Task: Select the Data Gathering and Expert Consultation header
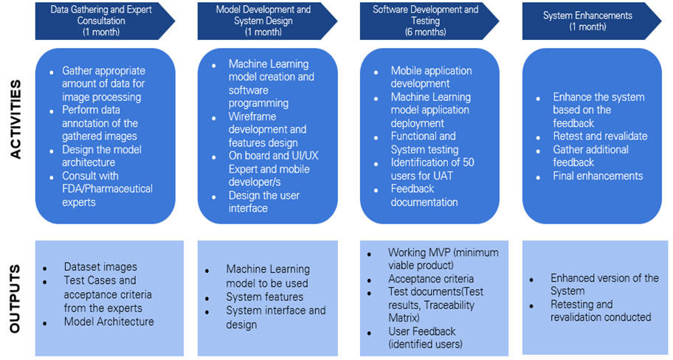(102, 21)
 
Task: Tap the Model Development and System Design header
(263, 21)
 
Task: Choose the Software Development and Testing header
(426, 21)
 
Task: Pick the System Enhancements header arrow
(588, 21)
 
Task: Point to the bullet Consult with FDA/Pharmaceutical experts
(107, 189)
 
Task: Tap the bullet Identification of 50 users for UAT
(432, 169)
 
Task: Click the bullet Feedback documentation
(424, 195)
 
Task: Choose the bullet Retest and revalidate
(600, 136)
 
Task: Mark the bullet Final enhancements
(598, 176)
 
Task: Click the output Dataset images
(100, 267)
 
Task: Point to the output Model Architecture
(108, 322)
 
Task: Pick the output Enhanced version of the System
(604, 284)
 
